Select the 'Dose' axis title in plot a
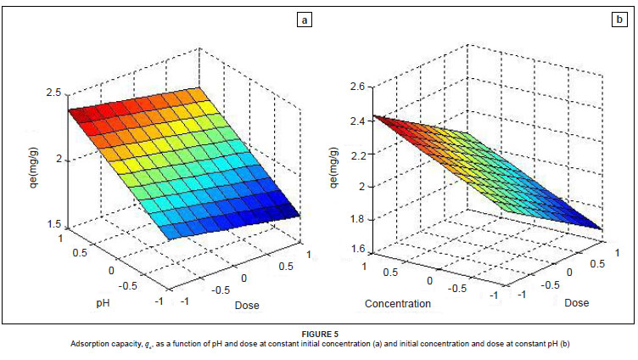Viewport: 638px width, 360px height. [x=248, y=305]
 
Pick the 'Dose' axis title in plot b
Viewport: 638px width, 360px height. [x=577, y=302]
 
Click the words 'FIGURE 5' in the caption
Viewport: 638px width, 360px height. [x=320, y=335]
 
